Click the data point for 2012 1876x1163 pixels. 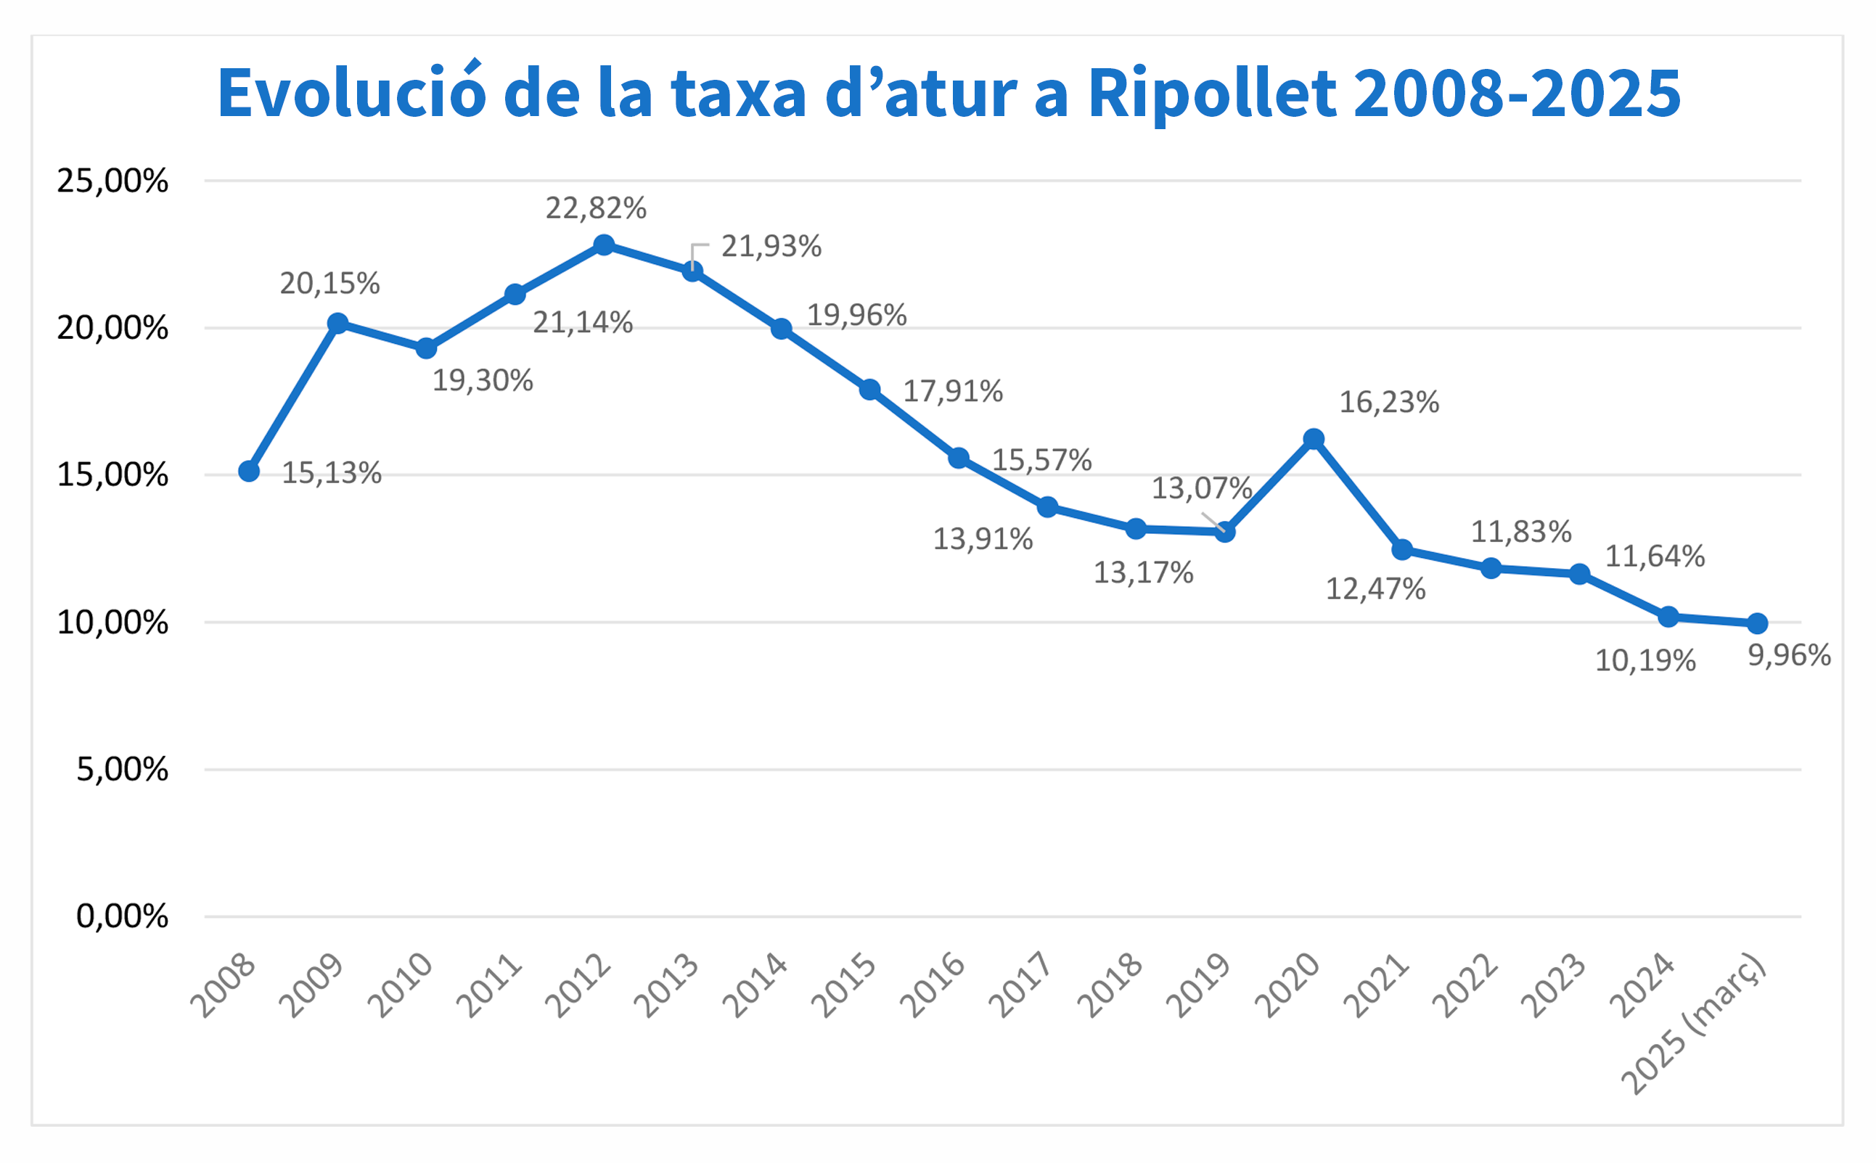(604, 245)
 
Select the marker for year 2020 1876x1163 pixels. (1314, 439)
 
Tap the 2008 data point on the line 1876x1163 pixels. (248, 472)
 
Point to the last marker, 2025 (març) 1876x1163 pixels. (1758, 623)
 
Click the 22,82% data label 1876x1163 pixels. (596, 208)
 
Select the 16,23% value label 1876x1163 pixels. (1389, 402)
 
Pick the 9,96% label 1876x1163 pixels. (1789, 655)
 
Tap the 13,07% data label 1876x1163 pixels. (1202, 488)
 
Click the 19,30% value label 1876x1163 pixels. (483, 381)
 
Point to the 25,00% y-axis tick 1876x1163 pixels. (112, 181)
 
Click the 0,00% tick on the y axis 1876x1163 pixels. (121, 916)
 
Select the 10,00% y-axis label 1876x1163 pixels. (112, 622)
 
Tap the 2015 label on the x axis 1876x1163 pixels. (844, 986)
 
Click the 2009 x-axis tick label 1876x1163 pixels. (311, 986)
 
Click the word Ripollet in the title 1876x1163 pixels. (1212, 94)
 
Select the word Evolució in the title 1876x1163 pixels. (351, 94)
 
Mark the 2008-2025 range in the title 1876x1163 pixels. (1516, 94)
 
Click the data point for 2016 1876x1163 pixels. (959, 459)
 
